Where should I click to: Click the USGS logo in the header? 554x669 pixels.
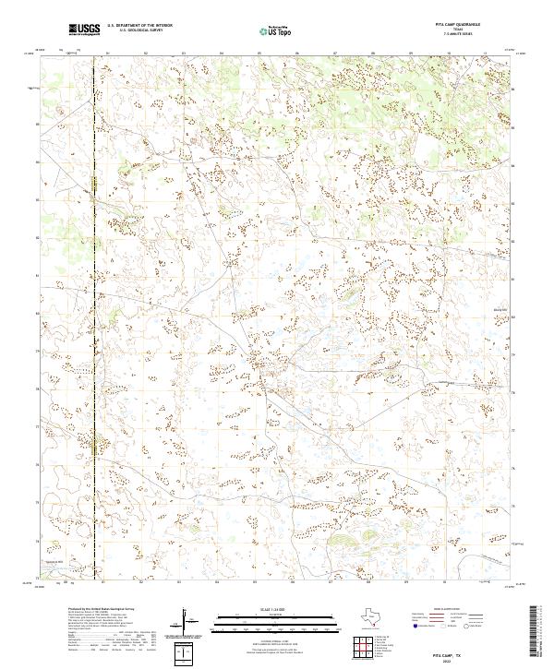coord(84,30)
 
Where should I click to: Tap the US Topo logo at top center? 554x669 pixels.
coord(273,30)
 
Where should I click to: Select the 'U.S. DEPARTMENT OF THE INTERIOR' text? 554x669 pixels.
coord(139,26)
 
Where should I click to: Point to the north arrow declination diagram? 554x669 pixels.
coord(189,622)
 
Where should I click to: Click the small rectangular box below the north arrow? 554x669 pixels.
coord(189,654)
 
